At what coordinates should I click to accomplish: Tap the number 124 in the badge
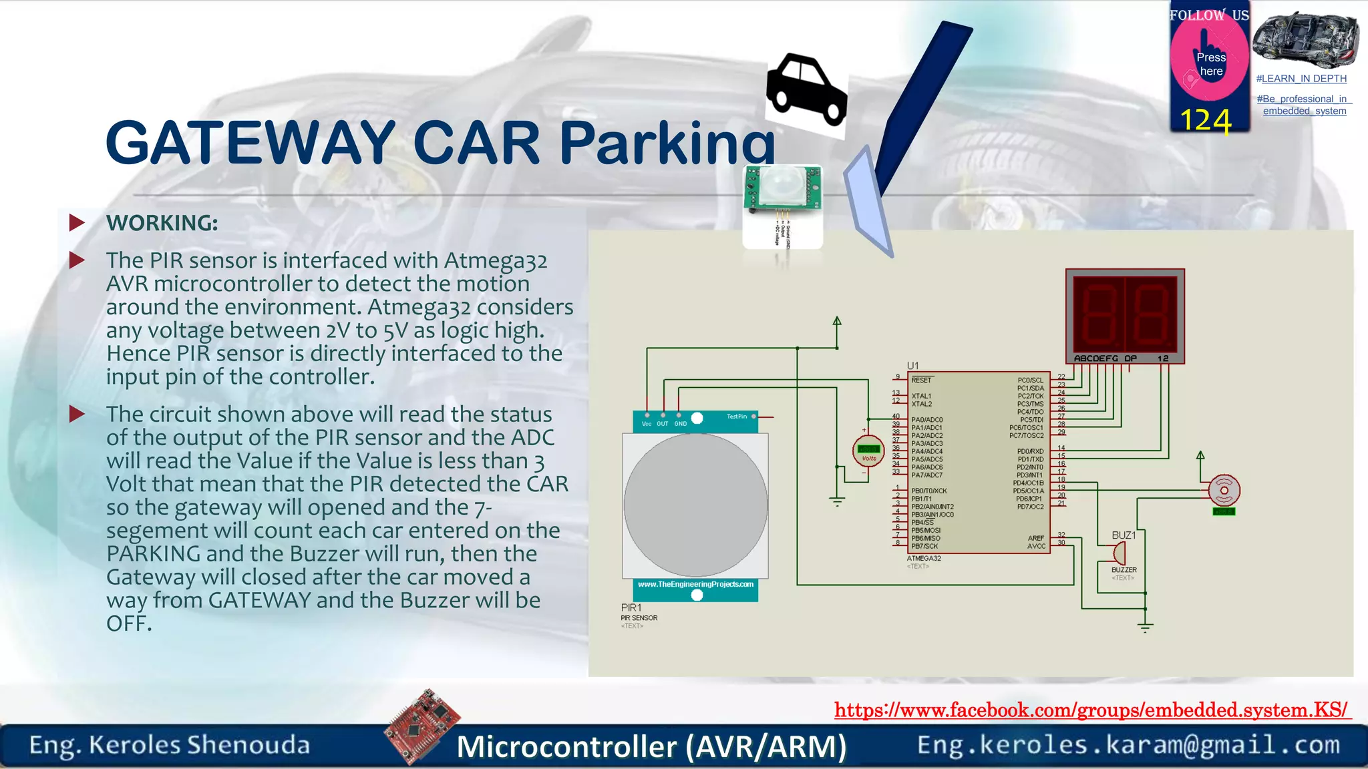1205,121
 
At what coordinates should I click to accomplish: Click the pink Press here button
1210,63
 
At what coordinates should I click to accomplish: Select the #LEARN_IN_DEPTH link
1301,79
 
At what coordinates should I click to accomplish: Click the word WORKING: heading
162,223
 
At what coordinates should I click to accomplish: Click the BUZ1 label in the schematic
1124,535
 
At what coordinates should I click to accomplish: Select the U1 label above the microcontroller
912,365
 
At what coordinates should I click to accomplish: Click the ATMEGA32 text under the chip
924,558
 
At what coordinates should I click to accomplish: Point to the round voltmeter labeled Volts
868,453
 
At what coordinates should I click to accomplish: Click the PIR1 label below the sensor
631,607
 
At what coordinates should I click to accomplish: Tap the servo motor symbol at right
1224,491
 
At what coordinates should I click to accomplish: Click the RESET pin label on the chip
921,380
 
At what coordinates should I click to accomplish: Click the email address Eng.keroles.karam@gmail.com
1128,745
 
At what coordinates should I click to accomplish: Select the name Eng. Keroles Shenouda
170,745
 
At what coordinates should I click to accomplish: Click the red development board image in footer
422,726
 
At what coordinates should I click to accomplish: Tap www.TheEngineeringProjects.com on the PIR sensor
695,584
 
